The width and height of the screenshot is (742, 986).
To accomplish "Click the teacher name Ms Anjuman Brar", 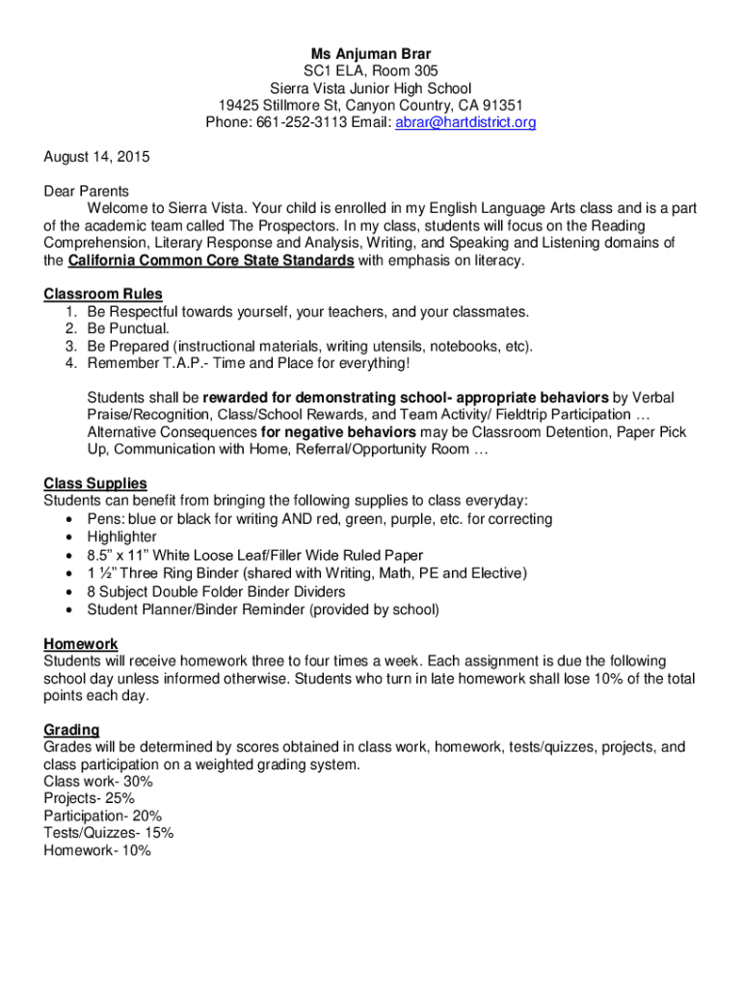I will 370,54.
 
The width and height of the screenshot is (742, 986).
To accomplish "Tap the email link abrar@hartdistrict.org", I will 466,122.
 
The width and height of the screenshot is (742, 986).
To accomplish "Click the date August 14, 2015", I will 96,156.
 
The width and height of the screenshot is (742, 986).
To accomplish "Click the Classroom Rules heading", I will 103,294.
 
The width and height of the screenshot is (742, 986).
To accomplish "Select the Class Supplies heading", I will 95,483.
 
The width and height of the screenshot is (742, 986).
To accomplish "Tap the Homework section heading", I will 81,643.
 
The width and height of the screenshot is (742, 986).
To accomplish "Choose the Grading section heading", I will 71,730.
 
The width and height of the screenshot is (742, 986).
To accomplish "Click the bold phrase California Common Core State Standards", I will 210,261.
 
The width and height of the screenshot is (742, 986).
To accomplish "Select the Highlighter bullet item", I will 121,537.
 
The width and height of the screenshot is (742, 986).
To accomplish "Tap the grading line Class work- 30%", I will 98,782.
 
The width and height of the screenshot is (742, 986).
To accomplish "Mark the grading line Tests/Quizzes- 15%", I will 109,834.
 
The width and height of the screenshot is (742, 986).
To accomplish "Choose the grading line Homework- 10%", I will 97,851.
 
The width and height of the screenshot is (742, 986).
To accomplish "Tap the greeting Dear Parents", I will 87,191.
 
